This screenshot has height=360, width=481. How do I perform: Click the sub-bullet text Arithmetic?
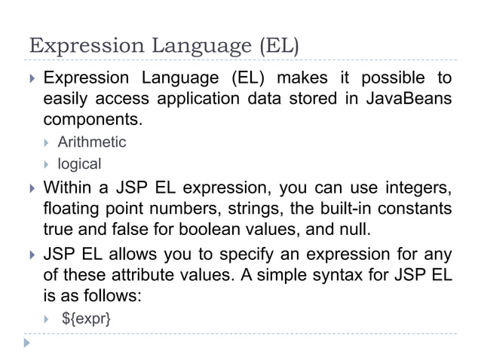point(92,142)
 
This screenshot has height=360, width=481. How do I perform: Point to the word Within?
point(69,186)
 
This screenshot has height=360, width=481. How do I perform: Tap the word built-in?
point(323,206)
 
